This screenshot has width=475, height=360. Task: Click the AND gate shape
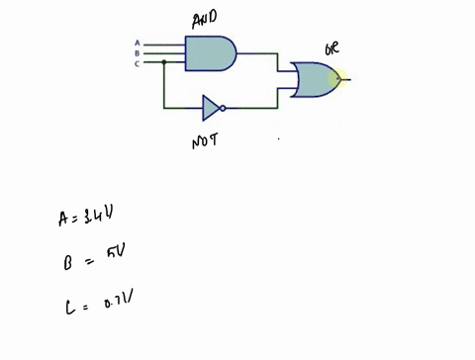(210, 53)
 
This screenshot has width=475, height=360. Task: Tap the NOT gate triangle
(210, 107)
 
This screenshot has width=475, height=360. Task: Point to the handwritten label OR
(333, 47)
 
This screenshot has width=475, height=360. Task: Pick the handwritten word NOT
(205, 141)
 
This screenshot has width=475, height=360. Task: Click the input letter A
(137, 44)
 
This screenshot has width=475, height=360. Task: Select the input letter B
(137, 52)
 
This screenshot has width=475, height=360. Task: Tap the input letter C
(137, 62)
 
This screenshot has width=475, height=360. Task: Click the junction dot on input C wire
(163, 62)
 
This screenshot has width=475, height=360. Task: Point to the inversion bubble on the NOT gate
(223, 107)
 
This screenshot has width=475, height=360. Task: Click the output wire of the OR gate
(345, 79)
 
